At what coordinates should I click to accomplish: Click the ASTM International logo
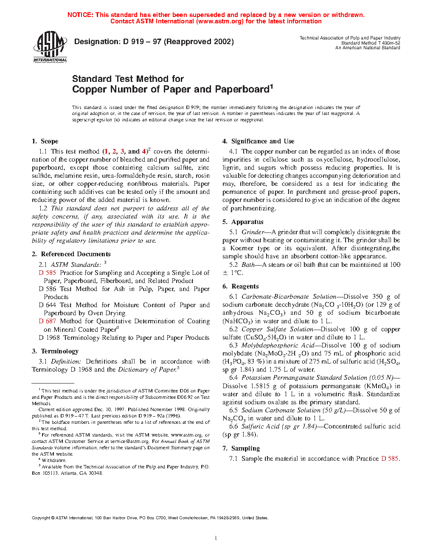[50, 47]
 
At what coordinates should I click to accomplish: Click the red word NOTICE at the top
[80, 15]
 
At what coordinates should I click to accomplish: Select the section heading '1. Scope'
[45, 141]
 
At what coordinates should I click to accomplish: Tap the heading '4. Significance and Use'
[258, 141]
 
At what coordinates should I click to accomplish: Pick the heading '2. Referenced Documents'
[71, 254]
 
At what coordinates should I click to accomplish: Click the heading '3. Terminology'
[55, 351]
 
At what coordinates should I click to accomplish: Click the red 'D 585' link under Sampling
[390, 459]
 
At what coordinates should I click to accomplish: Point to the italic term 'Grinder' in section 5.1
[253, 232]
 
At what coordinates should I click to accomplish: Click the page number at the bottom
[216, 538]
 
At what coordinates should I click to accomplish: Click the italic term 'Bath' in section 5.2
[248, 265]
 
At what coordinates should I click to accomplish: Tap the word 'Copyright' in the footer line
[41, 518]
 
